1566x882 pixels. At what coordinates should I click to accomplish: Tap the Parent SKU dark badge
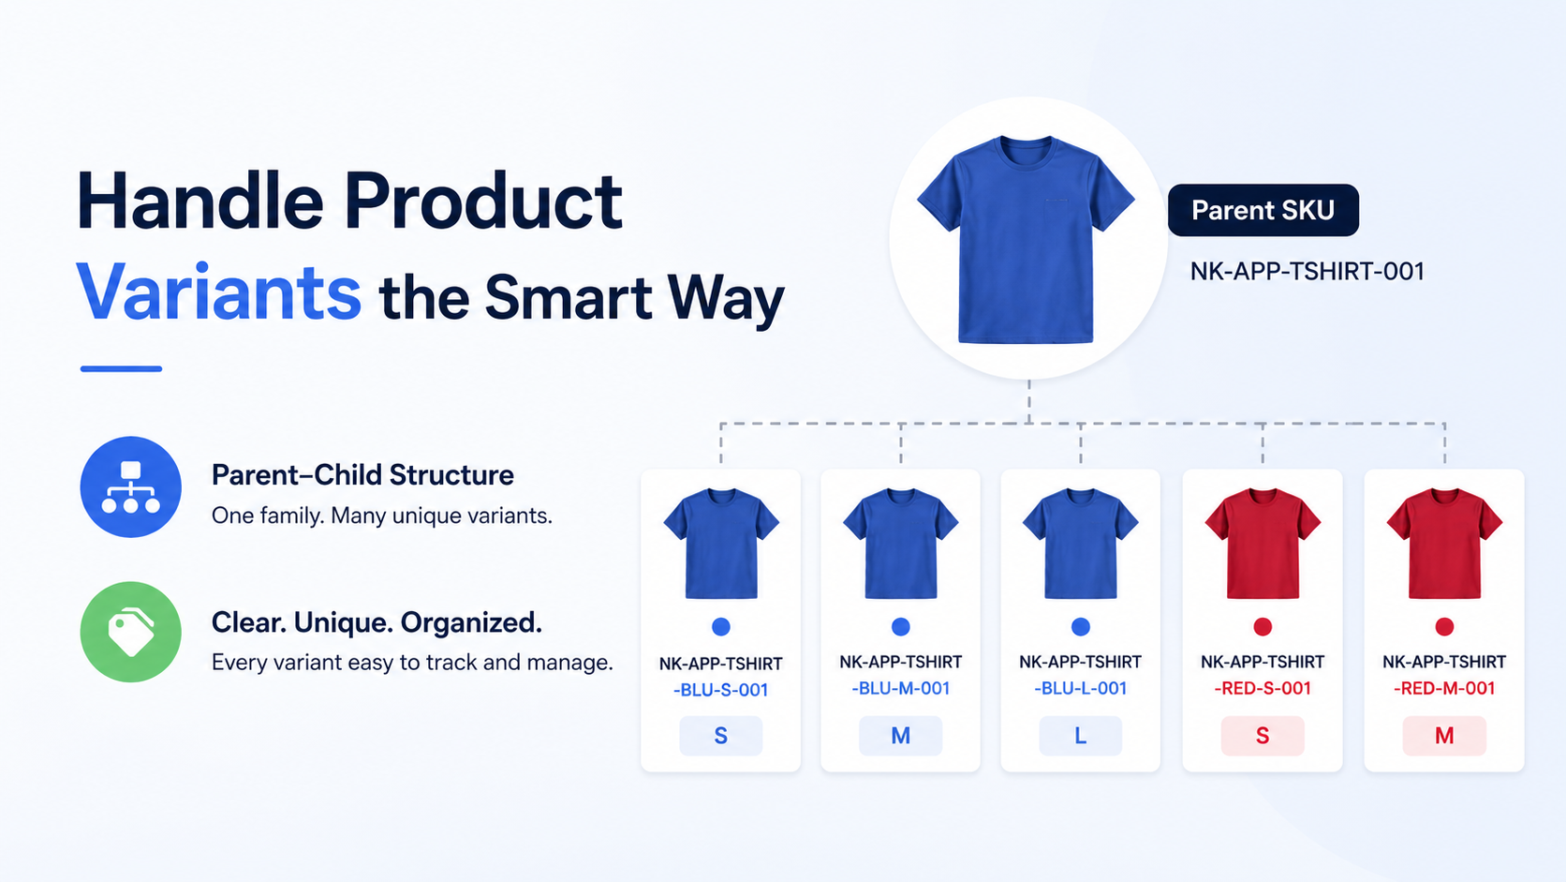pos(1263,210)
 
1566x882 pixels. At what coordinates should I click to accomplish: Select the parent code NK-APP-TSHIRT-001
pos(1307,272)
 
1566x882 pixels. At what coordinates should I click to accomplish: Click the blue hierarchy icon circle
pos(131,486)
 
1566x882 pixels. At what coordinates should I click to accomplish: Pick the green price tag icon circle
pos(131,632)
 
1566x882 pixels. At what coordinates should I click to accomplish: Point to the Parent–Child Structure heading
pos(362,475)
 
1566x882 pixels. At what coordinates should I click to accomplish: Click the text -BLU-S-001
pos(721,691)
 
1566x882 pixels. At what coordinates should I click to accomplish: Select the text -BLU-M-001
pos(900,689)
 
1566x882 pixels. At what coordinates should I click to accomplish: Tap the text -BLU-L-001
pos(1080,689)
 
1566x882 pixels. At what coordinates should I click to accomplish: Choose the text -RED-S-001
pos(1263,689)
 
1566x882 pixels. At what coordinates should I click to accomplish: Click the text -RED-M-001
pos(1444,689)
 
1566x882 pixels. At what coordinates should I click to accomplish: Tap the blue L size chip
pos(1080,736)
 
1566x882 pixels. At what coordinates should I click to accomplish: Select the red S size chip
pos(1263,736)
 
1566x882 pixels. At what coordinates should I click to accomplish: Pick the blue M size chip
pos(900,736)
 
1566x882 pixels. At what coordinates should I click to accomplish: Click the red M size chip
pos(1444,736)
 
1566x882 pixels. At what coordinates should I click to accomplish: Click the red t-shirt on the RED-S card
pos(1263,544)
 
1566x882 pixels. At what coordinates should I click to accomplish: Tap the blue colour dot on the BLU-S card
pos(721,627)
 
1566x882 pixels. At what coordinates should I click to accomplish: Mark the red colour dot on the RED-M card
pos(1444,627)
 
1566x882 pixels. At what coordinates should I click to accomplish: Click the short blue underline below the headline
pos(121,368)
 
